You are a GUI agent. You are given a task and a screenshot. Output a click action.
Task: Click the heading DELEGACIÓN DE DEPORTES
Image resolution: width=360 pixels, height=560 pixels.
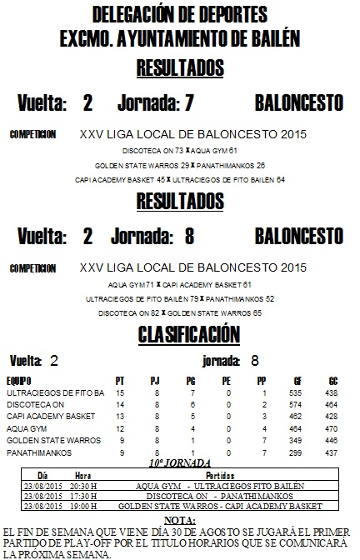pyautogui.click(x=180, y=14)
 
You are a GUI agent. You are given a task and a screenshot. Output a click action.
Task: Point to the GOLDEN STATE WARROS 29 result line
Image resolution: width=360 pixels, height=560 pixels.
pyautogui.click(x=181, y=165)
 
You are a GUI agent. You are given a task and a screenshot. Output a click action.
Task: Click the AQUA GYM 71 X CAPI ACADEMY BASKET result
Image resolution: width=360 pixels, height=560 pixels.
pyautogui.click(x=181, y=283)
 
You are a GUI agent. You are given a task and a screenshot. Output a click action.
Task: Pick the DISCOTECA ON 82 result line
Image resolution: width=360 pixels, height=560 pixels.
pyautogui.click(x=181, y=312)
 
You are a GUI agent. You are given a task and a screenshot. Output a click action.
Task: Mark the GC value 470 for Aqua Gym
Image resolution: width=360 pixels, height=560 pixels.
pyautogui.click(x=331, y=427)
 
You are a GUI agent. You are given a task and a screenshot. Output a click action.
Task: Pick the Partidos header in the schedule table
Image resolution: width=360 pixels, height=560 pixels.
pyautogui.click(x=219, y=473)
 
